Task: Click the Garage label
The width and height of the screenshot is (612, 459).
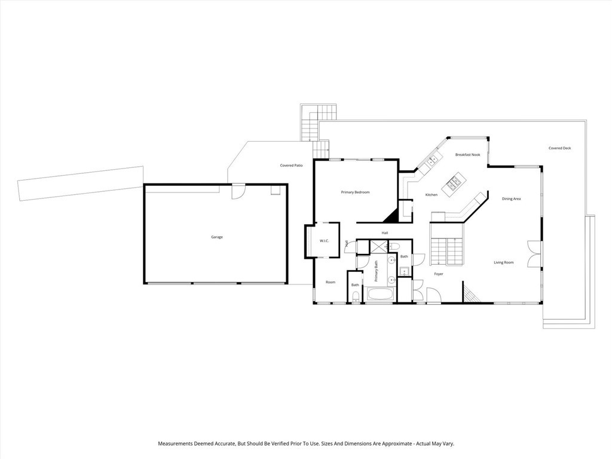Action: coord(216,237)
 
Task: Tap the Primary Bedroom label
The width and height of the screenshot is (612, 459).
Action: coord(355,192)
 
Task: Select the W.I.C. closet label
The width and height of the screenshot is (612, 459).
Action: coord(325,241)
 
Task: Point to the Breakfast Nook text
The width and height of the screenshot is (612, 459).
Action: coord(467,155)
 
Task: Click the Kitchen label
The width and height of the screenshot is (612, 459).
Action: coord(431,195)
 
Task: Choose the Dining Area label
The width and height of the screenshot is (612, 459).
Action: coord(511,198)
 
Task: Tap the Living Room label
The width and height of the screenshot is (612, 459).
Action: coord(503,262)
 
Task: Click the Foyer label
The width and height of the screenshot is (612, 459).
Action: coord(439,274)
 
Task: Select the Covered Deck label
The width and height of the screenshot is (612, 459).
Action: coord(559,148)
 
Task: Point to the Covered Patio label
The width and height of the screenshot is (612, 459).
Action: coord(291,166)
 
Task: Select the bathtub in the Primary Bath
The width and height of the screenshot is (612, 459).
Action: coord(380,295)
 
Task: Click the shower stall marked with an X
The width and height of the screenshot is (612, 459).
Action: coord(378,246)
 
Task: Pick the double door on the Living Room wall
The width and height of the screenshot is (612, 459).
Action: coord(533,253)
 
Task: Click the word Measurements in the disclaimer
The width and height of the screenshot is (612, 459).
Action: coord(176,444)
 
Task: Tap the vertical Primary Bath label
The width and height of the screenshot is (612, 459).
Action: coord(377,271)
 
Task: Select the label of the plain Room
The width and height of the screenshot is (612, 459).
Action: coord(330,282)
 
